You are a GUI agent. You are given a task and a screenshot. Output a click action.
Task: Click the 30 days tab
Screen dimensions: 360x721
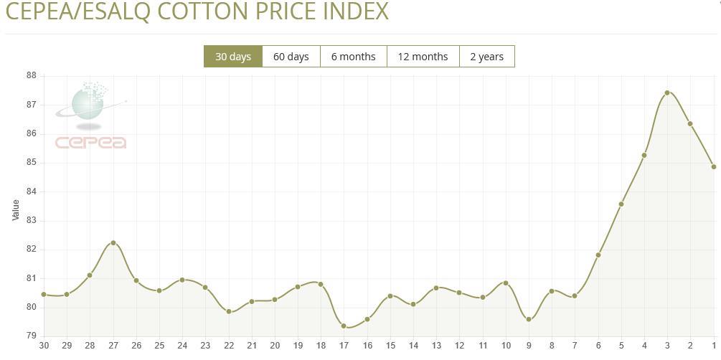pos(233,57)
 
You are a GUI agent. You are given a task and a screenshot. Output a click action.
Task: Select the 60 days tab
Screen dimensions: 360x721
pos(291,57)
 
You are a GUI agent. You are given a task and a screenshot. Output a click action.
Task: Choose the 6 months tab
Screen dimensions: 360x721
pos(353,57)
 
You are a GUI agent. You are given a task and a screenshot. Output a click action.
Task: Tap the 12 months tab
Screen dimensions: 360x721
pos(423,57)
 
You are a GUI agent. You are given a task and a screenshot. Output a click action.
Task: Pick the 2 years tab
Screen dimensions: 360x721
pos(486,57)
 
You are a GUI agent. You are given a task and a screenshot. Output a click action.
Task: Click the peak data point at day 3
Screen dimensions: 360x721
pos(667,93)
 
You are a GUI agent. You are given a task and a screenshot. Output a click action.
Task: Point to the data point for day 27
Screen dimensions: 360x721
pos(113,243)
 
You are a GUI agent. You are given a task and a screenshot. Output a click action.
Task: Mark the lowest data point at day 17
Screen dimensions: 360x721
pos(344,326)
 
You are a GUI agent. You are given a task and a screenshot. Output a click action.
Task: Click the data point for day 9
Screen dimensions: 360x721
pos(529,319)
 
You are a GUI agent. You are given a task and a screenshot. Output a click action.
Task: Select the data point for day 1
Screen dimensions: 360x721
pos(714,167)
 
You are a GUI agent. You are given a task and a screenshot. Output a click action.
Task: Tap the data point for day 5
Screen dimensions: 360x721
pos(621,204)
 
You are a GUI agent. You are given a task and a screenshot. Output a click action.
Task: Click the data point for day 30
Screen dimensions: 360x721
pos(44,294)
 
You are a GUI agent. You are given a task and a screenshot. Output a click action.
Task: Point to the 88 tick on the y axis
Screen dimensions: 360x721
pos(32,75)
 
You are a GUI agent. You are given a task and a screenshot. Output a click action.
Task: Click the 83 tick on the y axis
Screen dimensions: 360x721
pos(32,221)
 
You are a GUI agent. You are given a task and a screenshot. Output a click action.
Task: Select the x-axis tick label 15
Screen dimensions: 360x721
pos(390,346)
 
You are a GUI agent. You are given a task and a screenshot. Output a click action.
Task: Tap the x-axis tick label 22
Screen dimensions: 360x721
pos(229,346)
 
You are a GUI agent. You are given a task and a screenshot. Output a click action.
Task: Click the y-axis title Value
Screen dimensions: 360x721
pos(16,209)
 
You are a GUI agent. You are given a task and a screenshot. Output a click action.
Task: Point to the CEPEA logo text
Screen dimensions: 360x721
pos(91,142)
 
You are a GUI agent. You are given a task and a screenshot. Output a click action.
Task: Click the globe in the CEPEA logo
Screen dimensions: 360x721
pos(88,105)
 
